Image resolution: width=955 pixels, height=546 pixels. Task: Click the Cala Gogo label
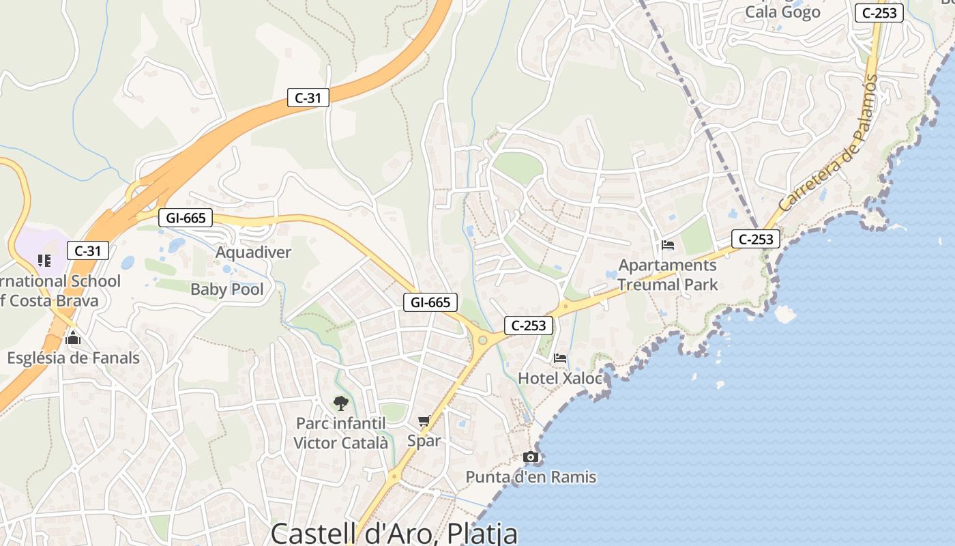click(782, 12)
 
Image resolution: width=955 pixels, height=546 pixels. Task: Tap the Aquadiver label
click(253, 253)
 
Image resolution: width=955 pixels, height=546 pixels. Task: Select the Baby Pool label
click(226, 289)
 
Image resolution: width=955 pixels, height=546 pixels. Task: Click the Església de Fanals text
click(73, 358)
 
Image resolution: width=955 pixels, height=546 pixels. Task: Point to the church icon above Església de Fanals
click(73, 338)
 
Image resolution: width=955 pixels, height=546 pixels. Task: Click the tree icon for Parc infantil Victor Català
click(340, 403)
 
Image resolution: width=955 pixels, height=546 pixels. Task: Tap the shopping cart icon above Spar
click(424, 421)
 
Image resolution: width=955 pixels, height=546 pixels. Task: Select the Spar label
click(424, 441)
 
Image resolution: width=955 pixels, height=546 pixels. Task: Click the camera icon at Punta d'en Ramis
click(530, 457)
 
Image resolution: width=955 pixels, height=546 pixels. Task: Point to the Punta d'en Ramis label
click(531, 477)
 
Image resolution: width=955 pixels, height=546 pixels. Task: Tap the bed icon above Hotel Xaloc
click(560, 358)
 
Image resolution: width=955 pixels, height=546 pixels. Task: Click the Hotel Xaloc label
click(560, 378)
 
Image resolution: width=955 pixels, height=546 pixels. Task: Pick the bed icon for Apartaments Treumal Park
click(668, 245)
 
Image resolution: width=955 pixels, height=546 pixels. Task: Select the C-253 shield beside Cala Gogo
click(880, 12)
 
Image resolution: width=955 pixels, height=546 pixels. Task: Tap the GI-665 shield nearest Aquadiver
click(186, 218)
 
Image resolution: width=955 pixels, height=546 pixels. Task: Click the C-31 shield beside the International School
click(88, 250)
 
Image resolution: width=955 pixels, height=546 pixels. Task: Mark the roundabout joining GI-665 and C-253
click(483, 339)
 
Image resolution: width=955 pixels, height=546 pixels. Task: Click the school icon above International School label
click(44, 260)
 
